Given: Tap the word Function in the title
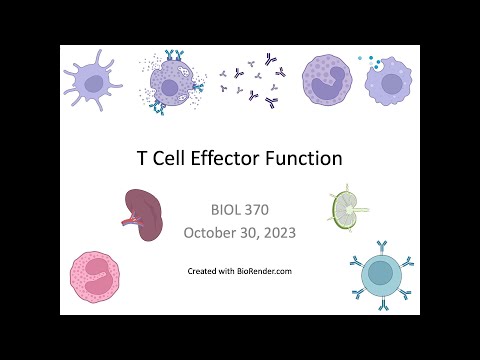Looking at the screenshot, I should coord(304,158).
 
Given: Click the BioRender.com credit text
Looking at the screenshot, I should coord(240,271).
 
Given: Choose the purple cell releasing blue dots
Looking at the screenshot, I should coord(389,79).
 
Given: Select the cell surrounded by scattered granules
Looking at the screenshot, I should coord(172,83).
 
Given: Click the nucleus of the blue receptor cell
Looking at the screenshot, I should coord(379,272).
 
